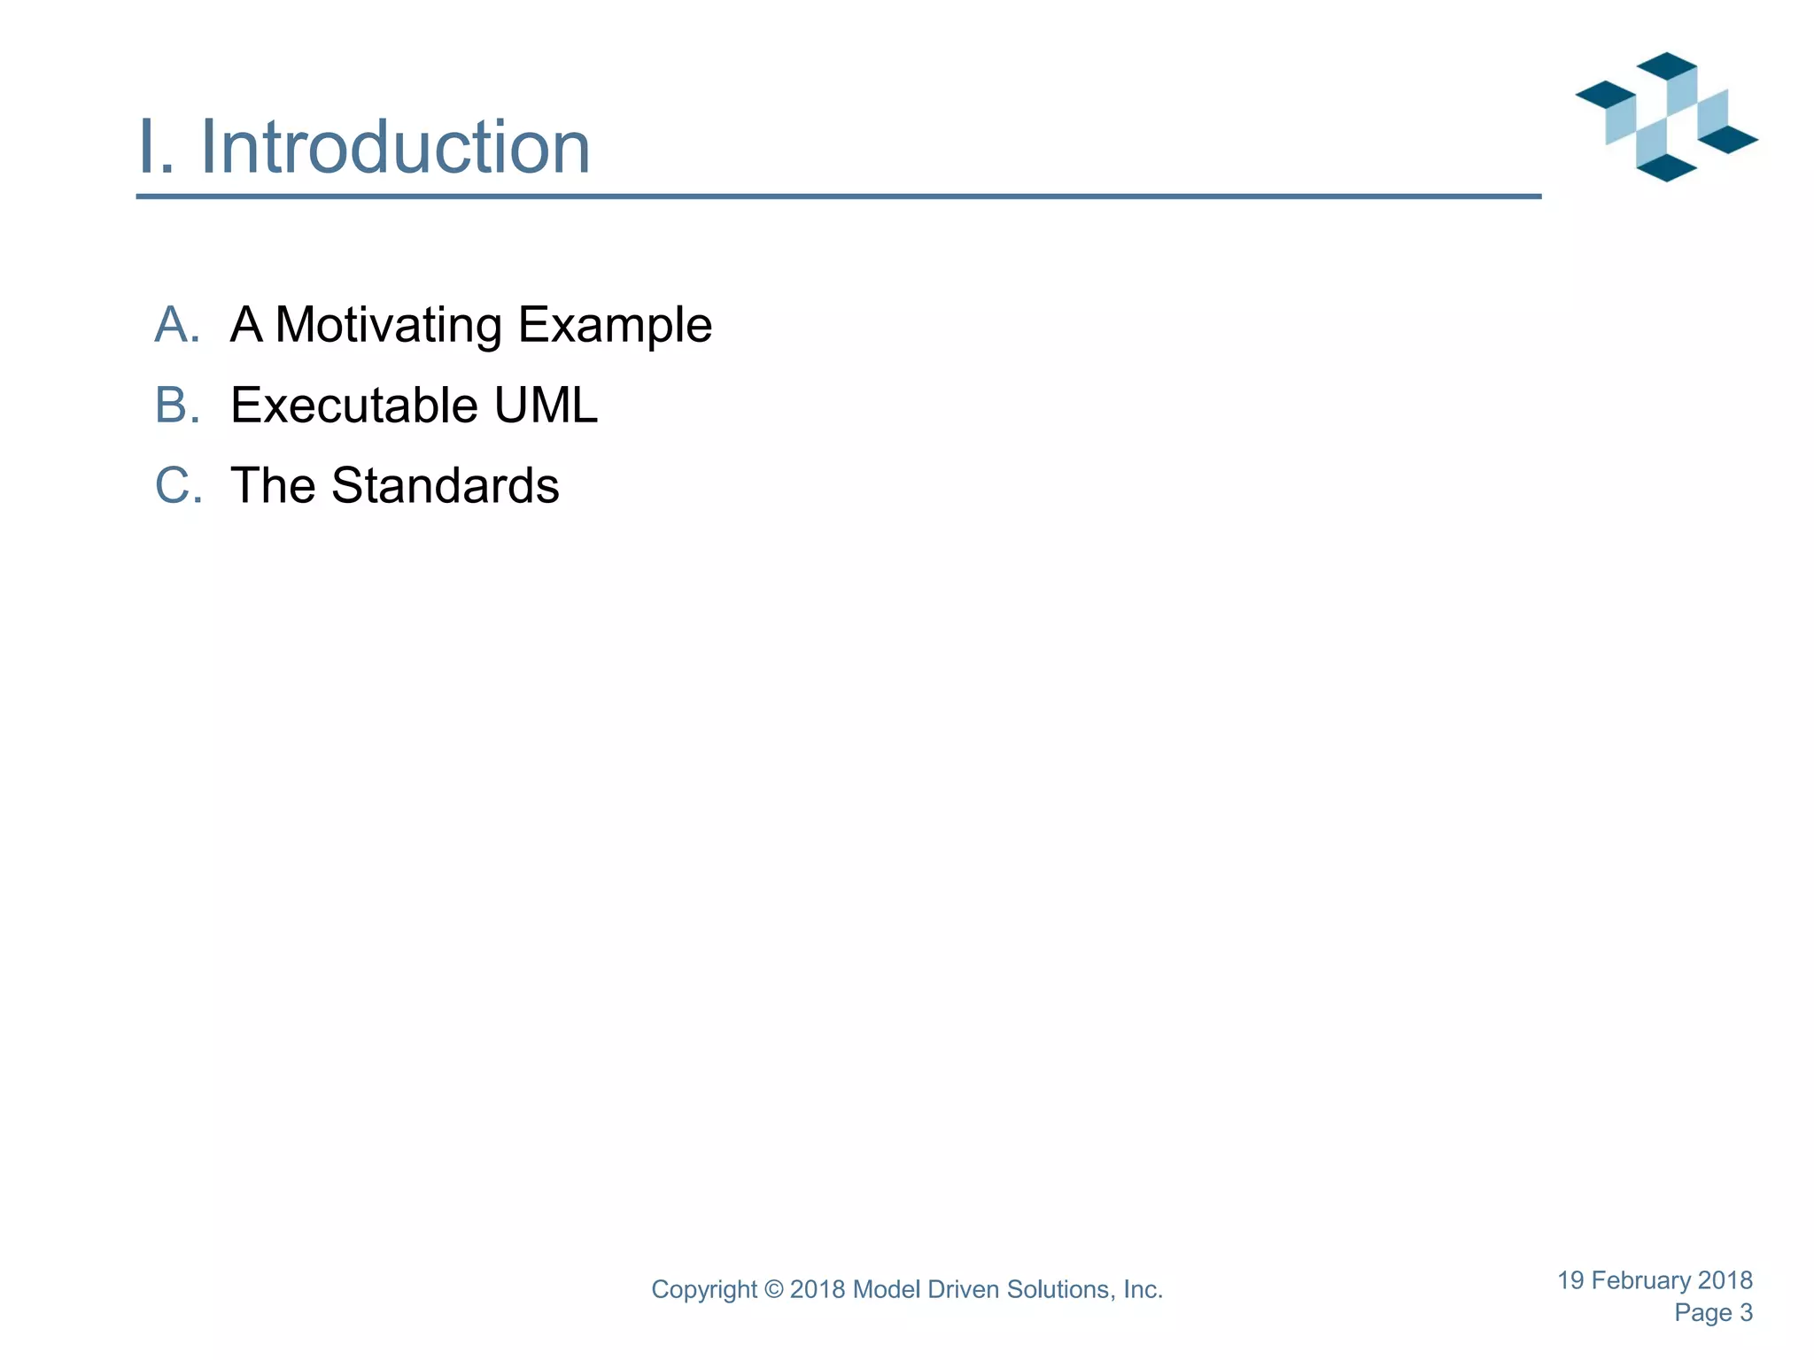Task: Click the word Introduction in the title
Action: [395, 147]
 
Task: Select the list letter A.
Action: [177, 325]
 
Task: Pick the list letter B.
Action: [177, 406]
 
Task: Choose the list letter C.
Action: [178, 486]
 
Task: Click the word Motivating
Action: [389, 325]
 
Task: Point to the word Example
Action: [615, 325]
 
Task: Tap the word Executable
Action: [354, 406]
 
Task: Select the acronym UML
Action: [546, 406]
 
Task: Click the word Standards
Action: [445, 486]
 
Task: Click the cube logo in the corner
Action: [1666, 117]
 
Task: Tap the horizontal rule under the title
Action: [838, 197]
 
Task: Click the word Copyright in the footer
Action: [704, 1290]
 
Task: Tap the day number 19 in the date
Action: [1570, 1280]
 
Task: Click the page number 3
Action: [1746, 1313]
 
